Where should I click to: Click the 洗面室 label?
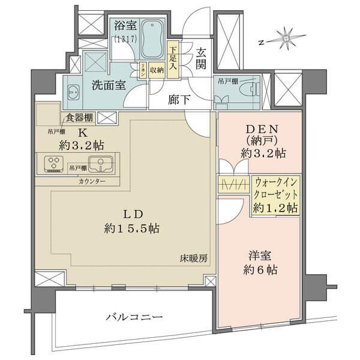[x=109, y=85]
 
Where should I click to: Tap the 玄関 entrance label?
[x=201, y=58]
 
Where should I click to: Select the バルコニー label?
[x=134, y=317]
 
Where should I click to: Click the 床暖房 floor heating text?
[x=193, y=259]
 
